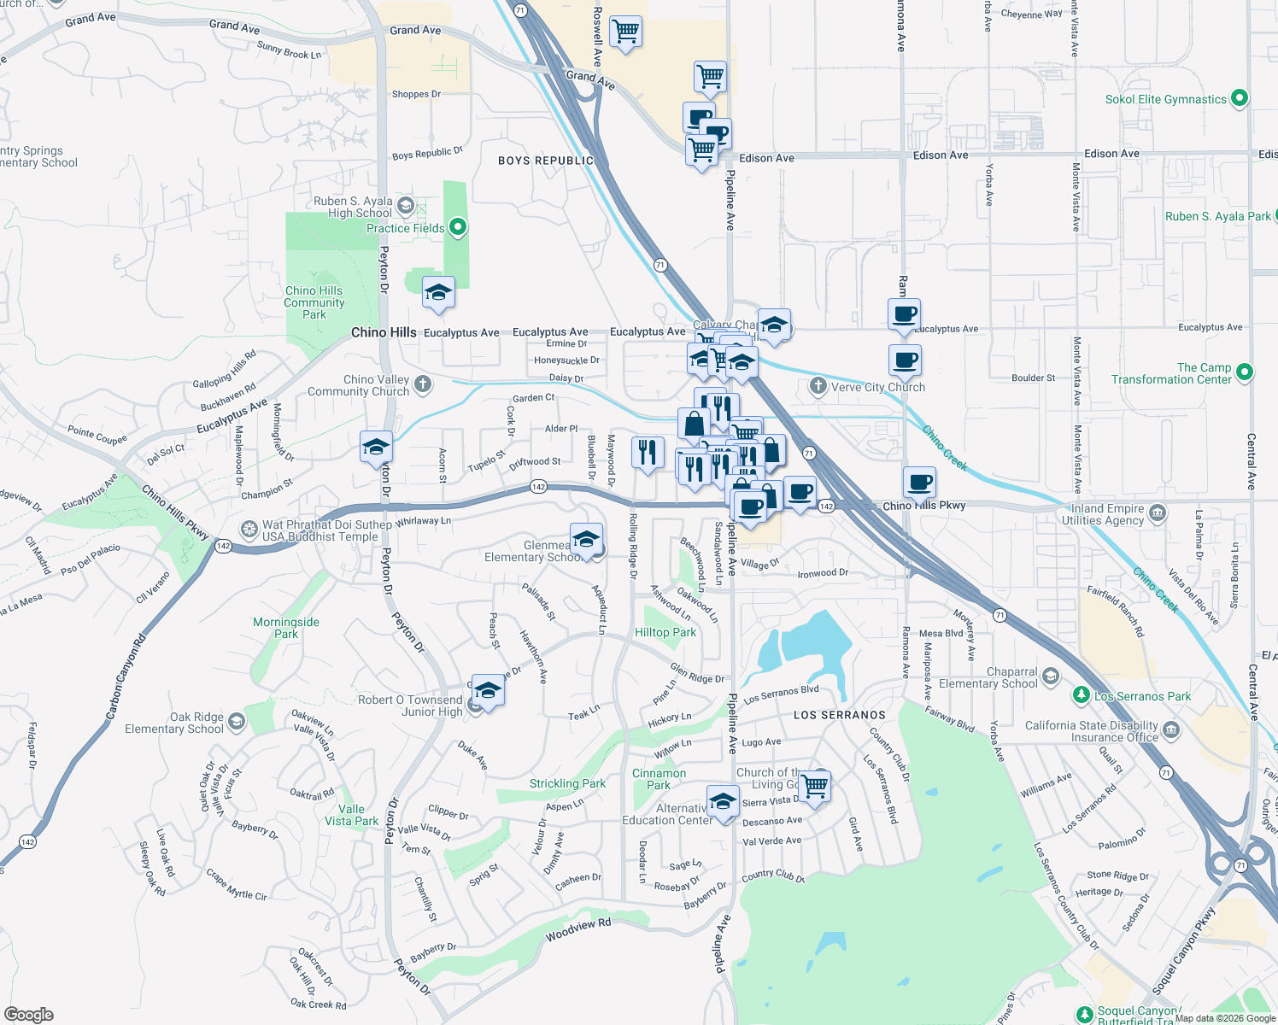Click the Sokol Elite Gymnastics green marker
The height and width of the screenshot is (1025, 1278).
pos(1239,99)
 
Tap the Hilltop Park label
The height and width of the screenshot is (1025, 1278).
pos(665,632)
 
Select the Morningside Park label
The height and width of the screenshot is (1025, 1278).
pos(285,628)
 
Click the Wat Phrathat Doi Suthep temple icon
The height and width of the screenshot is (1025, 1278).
pos(249,530)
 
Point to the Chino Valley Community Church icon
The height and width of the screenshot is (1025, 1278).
pos(423,384)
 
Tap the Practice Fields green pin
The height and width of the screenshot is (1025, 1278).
pos(458,227)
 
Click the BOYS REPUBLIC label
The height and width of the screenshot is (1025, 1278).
pos(545,161)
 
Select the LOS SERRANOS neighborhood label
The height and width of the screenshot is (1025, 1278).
pos(839,715)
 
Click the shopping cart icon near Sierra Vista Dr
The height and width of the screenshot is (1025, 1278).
pos(815,785)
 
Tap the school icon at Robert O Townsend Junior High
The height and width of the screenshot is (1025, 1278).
pos(488,690)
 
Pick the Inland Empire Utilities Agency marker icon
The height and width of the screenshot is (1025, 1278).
pos(1158,512)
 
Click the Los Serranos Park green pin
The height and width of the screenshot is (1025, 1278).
pos(1082,695)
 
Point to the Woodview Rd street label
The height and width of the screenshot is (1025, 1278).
pos(578,929)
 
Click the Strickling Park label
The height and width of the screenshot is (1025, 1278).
pos(567,783)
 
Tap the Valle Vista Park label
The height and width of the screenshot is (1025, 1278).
pos(351,815)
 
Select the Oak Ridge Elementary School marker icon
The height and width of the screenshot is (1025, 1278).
pos(237,723)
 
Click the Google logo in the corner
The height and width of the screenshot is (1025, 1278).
pos(28,1014)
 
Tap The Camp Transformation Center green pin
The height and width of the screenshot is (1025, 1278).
pos(1244,372)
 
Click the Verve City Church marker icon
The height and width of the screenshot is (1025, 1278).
pos(818,386)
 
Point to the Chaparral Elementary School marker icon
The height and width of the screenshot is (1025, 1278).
pos(1051,676)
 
